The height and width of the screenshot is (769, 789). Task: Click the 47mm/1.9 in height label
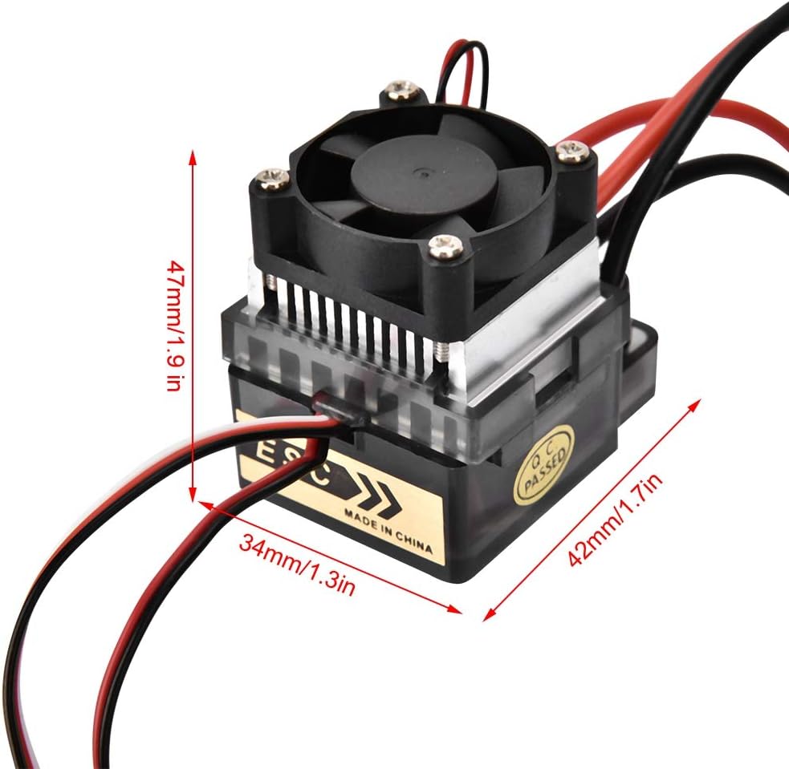tap(173, 326)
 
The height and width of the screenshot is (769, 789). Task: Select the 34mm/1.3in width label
tap(298, 564)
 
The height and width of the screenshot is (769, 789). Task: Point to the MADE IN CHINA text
tap(388, 531)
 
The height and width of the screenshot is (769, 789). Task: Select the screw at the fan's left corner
tap(272, 180)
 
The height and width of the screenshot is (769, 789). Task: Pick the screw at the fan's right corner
tap(573, 152)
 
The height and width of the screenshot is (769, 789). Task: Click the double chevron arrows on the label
tap(379, 495)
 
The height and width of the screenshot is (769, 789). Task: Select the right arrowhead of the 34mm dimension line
tap(455, 609)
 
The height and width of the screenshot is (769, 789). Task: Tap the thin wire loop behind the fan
tap(465, 71)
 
